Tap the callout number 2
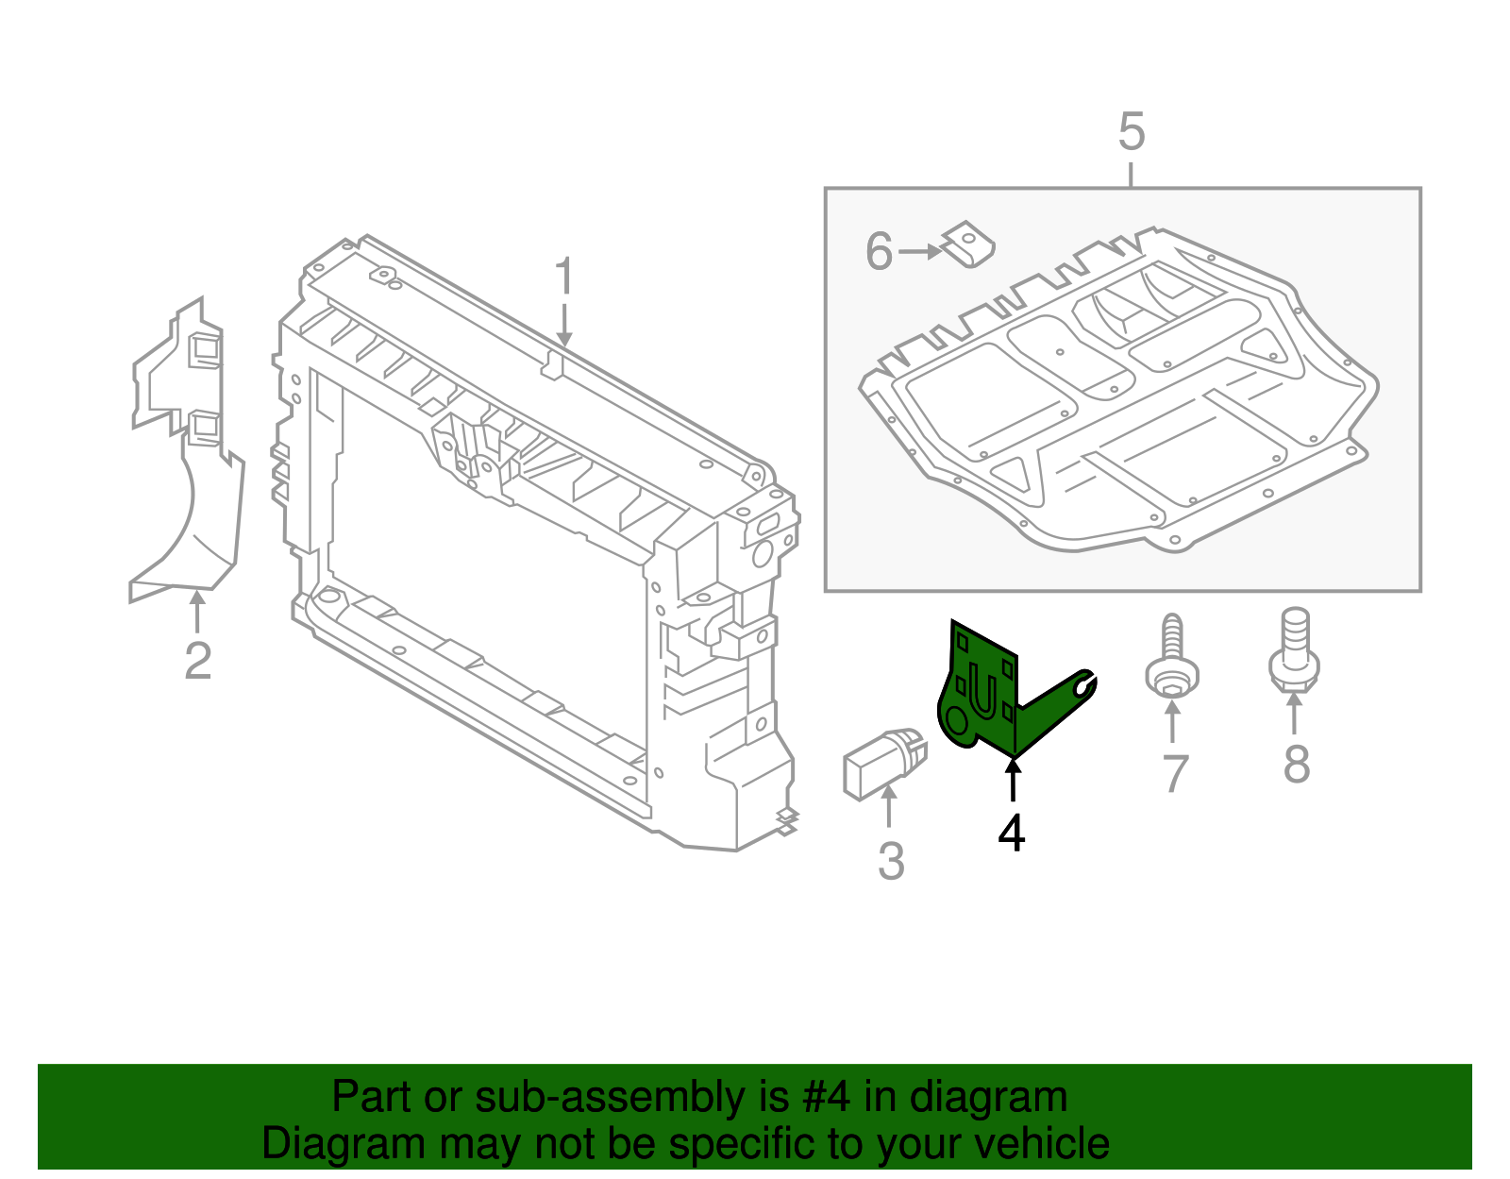(x=197, y=660)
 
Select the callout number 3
(x=891, y=861)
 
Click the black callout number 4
(x=1011, y=833)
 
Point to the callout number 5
(x=1131, y=132)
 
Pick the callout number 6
(x=879, y=252)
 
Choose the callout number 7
(x=1173, y=773)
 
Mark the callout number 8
(x=1296, y=764)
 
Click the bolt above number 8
(x=1294, y=651)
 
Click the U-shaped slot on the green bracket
(x=982, y=693)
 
